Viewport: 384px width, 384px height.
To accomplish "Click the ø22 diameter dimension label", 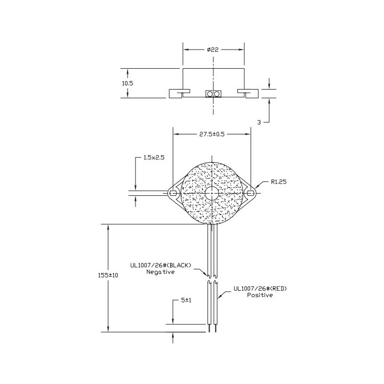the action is pyautogui.click(x=213, y=50).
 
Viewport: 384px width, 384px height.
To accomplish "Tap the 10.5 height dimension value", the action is pyautogui.click(x=127, y=83).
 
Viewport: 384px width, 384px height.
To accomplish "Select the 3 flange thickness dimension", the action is pyautogui.click(x=259, y=122).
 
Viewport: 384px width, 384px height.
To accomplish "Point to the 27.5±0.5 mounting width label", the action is pyautogui.click(x=212, y=134).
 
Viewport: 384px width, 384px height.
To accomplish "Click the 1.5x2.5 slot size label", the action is pyautogui.click(x=154, y=157).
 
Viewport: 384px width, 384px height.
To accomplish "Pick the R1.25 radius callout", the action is pyautogui.click(x=279, y=182).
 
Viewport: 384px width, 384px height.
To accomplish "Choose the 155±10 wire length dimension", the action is pyautogui.click(x=108, y=275).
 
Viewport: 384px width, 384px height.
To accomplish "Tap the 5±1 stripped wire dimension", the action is pyautogui.click(x=186, y=300).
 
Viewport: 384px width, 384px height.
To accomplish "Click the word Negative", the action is pyautogui.click(x=161, y=272).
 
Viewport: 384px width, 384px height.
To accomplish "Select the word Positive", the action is pyautogui.click(x=260, y=295).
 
